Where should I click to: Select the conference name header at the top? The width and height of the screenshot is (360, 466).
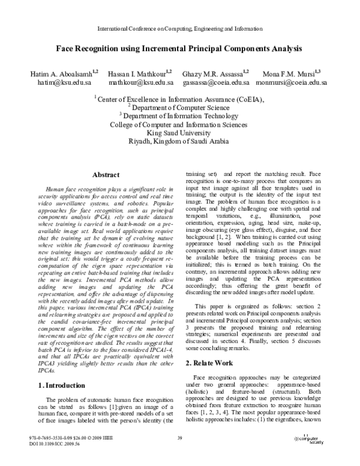179,28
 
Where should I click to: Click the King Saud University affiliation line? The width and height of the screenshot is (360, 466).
179,133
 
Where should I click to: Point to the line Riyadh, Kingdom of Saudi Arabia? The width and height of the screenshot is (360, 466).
179,142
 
